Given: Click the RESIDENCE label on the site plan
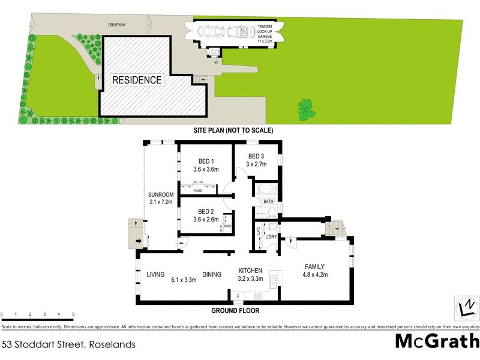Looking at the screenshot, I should click(137, 79).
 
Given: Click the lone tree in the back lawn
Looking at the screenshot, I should click(307, 109).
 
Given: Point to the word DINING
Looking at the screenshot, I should click(212, 275).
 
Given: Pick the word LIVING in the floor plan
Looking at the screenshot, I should click(156, 275).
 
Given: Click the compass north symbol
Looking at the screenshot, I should click(466, 307).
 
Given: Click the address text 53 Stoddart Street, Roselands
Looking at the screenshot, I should click(68, 344).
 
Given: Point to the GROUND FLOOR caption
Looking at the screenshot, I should click(235, 311).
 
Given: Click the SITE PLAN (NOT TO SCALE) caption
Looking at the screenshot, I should click(233, 130).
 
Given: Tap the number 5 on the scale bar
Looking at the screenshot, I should click(73, 314).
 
